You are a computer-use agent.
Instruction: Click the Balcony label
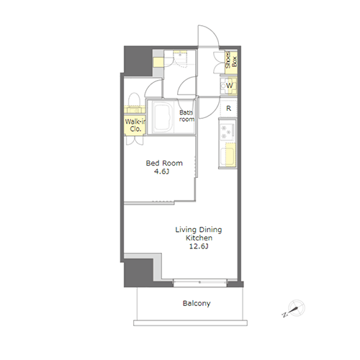pyautogui.click(x=197, y=303)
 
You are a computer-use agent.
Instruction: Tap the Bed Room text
pyautogui.click(x=164, y=163)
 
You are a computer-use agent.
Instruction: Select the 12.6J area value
pyautogui.click(x=199, y=246)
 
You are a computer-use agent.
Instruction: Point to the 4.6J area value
pyautogui.click(x=161, y=171)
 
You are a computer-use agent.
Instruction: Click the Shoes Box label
pyautogui.click(x=231, y=60)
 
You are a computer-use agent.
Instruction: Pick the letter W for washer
pyautogui.click(x=230, y=86)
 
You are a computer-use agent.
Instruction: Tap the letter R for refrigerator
pyautogui.click(x=228, y=109)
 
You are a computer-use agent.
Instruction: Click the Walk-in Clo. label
pyautogui.click(x=135, y=125)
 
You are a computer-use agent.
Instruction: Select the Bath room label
pyautogui.click(x=186, y=116)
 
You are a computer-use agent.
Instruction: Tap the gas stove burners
pyautogui.click(x=226, y=132)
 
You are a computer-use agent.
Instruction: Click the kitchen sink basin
pyautogui.click(x=227, y=157)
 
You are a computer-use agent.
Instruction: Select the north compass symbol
pyautogui.click(x=295, y=309)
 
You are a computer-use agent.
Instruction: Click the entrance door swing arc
pyautogui.click(x=211, y=30)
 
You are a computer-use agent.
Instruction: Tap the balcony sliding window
pyautogui.click(x=199, y=282)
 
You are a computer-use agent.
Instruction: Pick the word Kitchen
pyautogui.click(x=199, y=238)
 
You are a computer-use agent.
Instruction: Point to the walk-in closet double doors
pyautogui.click(x=135, y=140)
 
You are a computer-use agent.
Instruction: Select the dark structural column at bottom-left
pyautogui.click(x=139, y=273)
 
